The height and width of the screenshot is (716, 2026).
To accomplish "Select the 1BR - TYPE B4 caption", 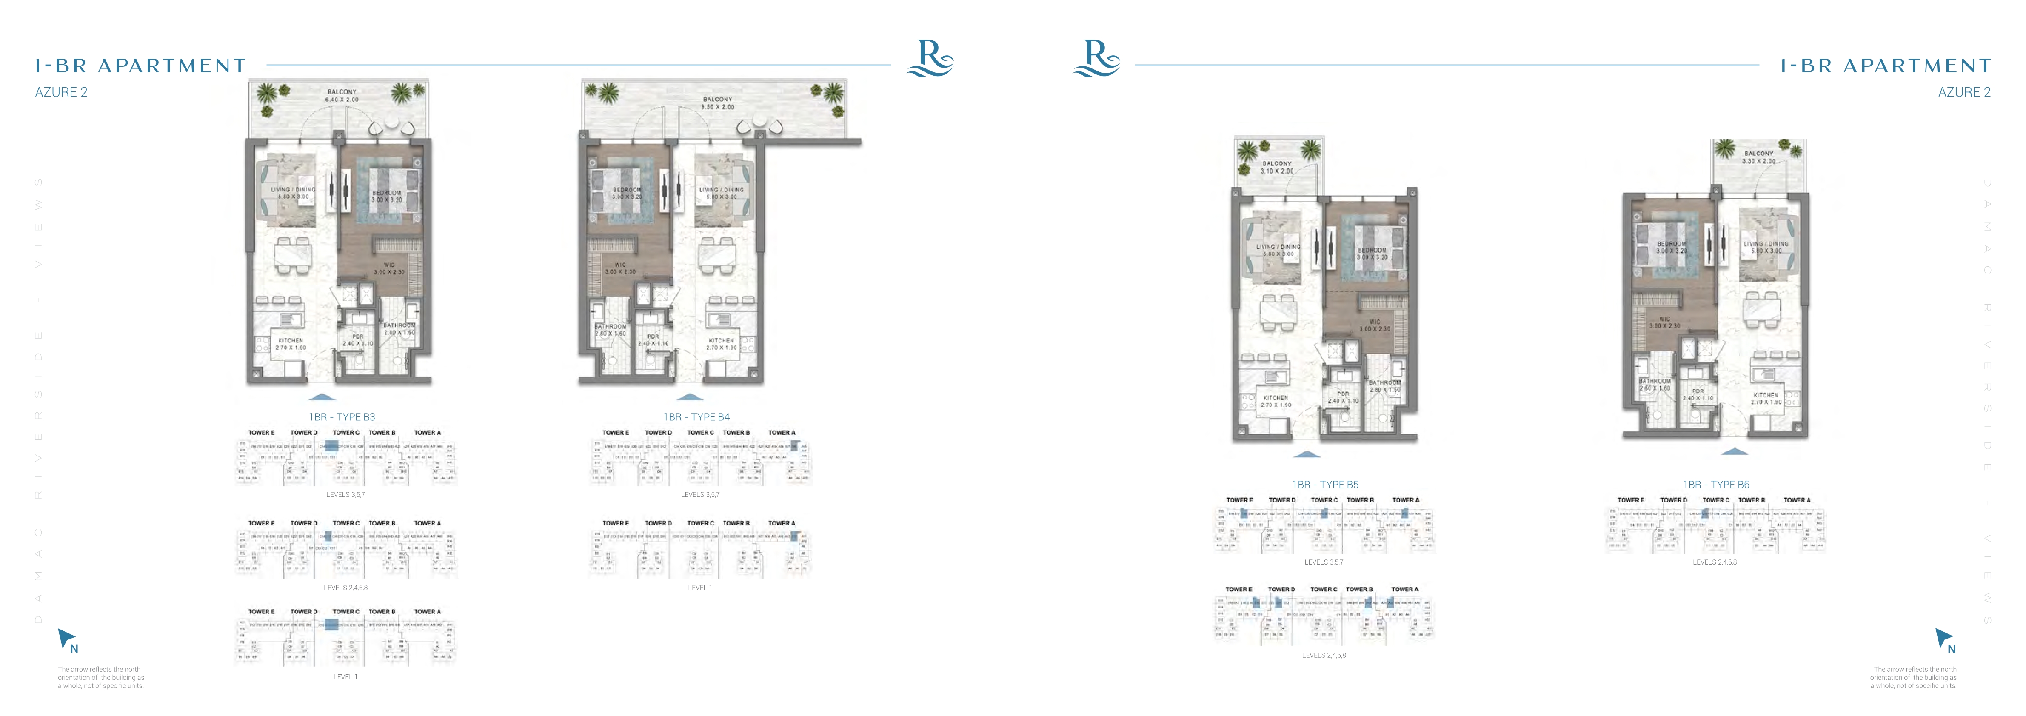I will [696, 417].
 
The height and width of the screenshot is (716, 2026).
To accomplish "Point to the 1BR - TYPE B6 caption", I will [1715, 485].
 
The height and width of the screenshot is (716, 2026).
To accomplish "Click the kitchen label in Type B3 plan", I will [290, 344].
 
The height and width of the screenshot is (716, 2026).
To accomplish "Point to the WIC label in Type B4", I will [620, 268].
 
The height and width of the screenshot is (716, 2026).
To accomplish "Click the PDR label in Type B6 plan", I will [1698, 394].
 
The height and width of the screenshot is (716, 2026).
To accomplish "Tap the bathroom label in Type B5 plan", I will [1384, 385].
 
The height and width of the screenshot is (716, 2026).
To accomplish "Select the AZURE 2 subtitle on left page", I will [61, 92].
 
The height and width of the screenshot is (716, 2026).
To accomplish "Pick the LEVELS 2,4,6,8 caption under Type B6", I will [1715, 562].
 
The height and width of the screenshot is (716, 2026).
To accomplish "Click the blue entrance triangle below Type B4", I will [690, 397].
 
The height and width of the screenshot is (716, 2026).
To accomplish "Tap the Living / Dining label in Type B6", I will [1766, 247].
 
